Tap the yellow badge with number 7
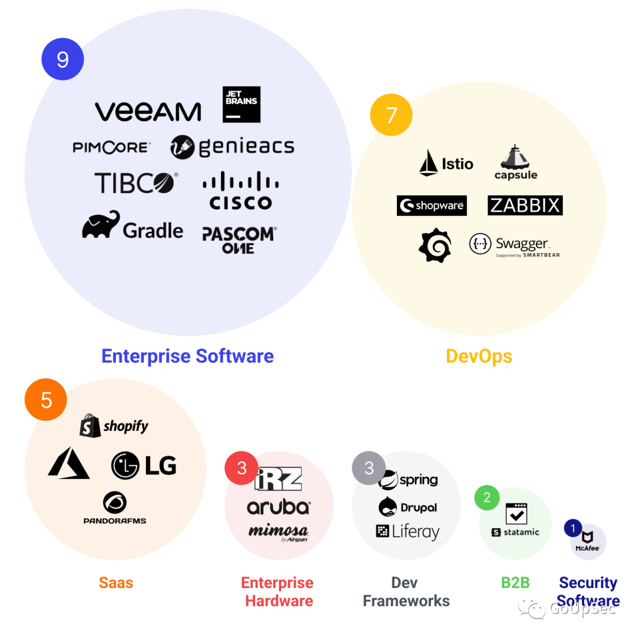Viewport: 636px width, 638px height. tap(391, 115)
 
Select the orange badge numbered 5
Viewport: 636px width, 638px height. tap(46, 400)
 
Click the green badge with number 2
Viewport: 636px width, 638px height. tap(486, 498)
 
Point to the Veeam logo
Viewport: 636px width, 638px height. tap(148, 111)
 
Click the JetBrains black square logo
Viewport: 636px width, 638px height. tap(241, 104)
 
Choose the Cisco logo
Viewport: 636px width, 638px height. tap(241, 191)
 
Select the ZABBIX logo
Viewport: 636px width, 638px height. tap(525, 205)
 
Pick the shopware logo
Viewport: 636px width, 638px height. tap(432, 205)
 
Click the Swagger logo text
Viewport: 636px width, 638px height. tap(522, 244)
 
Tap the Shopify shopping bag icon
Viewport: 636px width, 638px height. tap(90, 426)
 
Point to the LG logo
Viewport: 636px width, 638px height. tap(144, 466)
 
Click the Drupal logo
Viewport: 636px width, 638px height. tap(408, 507)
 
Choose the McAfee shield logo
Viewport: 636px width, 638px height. tap(587, 537)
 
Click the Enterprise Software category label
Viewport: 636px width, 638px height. tap(187, 356)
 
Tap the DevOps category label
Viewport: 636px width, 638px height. tap(479, 356)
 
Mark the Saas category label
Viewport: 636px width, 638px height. tap(116, 583)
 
